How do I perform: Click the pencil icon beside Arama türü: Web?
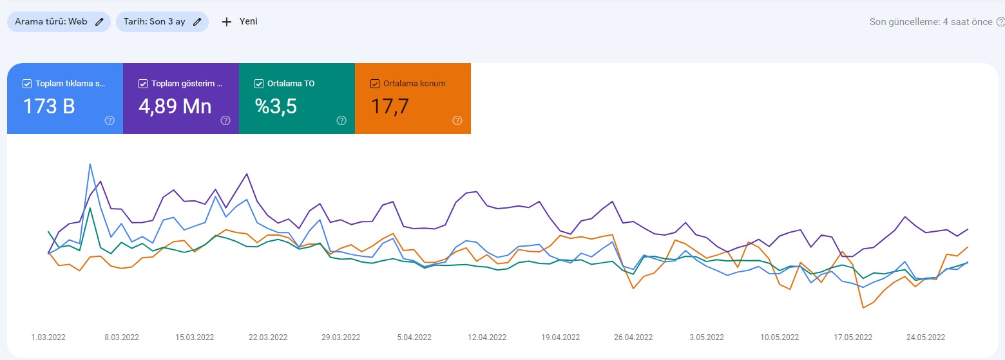[100, 22]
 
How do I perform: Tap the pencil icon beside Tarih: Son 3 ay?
[197, 22]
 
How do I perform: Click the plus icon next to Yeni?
[227, 22]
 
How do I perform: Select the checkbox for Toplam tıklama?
[27, 84]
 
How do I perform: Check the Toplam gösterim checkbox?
[142, 84]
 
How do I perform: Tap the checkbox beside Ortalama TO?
[258, 84]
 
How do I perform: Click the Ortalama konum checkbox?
[375, 84]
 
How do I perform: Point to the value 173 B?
[49, 107]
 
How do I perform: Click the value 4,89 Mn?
[175, 107]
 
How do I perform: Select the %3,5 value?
[276, 107]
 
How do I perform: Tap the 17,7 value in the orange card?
[390, 107]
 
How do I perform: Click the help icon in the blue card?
[110, 120]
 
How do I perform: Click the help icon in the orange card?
[457, 120]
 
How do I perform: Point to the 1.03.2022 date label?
[48, 337]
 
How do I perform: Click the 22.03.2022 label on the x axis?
[268, 337]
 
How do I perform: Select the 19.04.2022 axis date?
[560, 337]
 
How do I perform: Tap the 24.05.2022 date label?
[926, 337]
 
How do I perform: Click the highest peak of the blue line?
[90, 164]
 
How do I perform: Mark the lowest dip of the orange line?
[863, 308]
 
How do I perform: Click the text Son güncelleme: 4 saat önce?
[931, 22]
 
